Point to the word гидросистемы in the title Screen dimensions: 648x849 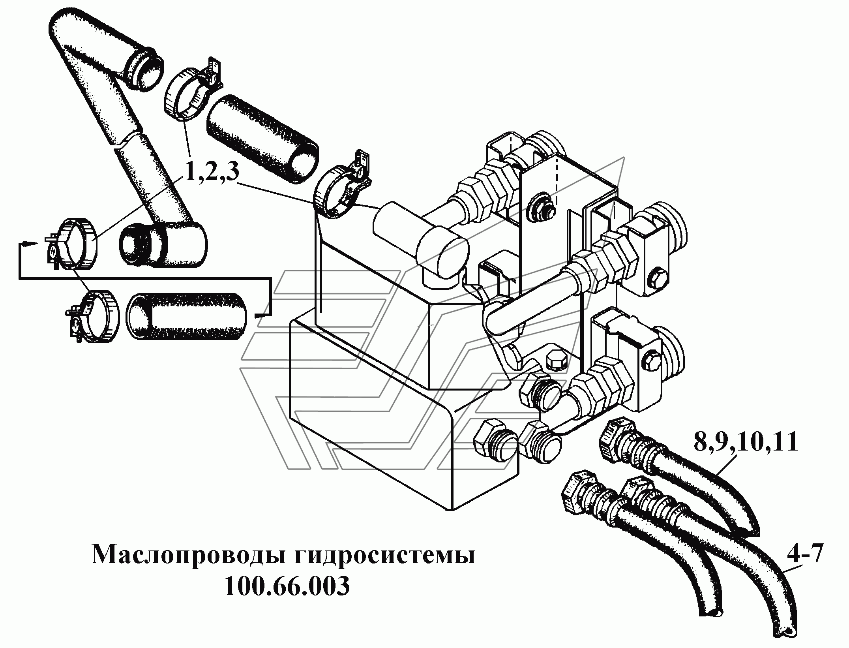click(385, 556)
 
